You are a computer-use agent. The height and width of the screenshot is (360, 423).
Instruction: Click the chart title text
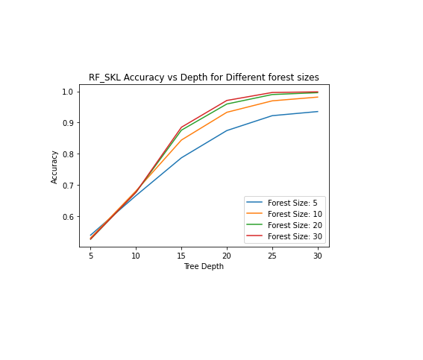point(204,78)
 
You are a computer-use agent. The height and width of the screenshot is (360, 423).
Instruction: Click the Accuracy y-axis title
point(54,168)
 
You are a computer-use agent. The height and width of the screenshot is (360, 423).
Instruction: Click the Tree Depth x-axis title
point(204,267)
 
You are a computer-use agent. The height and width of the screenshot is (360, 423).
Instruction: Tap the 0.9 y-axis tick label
point(68,123)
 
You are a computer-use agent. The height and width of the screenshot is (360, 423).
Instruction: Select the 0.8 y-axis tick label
point(68,154)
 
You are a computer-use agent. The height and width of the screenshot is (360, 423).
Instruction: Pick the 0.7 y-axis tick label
point(68,186)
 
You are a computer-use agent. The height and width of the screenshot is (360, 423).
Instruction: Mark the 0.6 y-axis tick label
point(68,217)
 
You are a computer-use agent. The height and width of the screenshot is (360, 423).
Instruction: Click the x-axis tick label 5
point(91,256)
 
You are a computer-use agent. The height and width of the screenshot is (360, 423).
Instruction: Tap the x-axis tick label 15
point(181,256)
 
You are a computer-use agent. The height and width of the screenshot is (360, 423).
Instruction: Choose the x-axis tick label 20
point(227,256)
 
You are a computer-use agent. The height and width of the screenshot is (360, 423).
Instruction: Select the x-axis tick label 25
point(272,256)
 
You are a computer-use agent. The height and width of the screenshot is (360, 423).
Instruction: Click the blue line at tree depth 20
point(227,130)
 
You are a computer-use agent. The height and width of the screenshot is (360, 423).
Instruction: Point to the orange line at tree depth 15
point(181,140)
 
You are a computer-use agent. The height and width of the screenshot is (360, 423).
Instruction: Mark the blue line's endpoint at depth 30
point(318,112)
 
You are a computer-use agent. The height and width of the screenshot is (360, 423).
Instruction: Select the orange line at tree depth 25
point(272,101)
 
